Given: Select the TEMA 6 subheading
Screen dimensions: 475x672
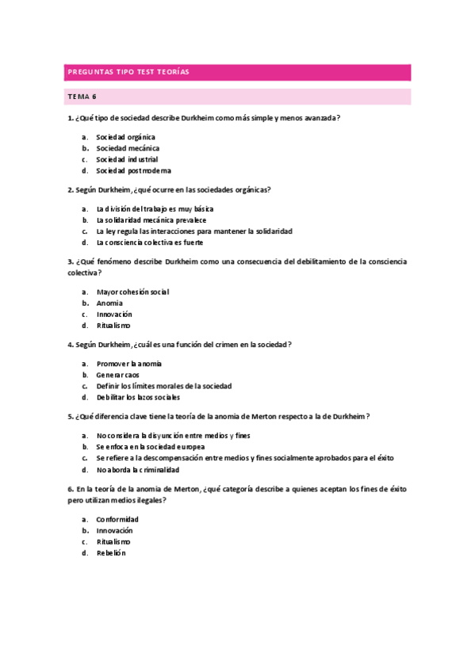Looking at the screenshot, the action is tap(82, 97).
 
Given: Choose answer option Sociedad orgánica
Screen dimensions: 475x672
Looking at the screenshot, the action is tap(125, 137).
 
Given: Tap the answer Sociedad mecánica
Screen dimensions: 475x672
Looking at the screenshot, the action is tap(128, 148).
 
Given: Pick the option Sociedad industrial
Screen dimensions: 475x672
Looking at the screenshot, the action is tap(127, 159).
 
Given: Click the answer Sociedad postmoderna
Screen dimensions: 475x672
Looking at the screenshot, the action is tap(133, 170).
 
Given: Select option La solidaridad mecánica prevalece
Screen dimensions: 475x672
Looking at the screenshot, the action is tap(151, 220).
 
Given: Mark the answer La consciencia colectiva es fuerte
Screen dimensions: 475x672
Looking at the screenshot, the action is tap(149, 242).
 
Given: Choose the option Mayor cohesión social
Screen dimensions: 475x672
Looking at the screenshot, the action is tap(132, 292).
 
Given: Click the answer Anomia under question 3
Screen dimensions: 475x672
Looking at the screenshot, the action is tap(109, 303).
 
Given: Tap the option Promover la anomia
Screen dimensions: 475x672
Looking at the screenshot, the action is tap(128, 364).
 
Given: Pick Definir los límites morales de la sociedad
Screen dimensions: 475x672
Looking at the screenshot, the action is tap(163, 386).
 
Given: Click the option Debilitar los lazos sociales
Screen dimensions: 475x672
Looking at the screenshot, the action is tap(138, 397).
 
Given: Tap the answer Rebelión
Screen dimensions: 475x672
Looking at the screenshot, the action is tap(111, 553).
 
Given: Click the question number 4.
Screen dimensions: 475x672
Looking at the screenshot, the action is tap(70, 345).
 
